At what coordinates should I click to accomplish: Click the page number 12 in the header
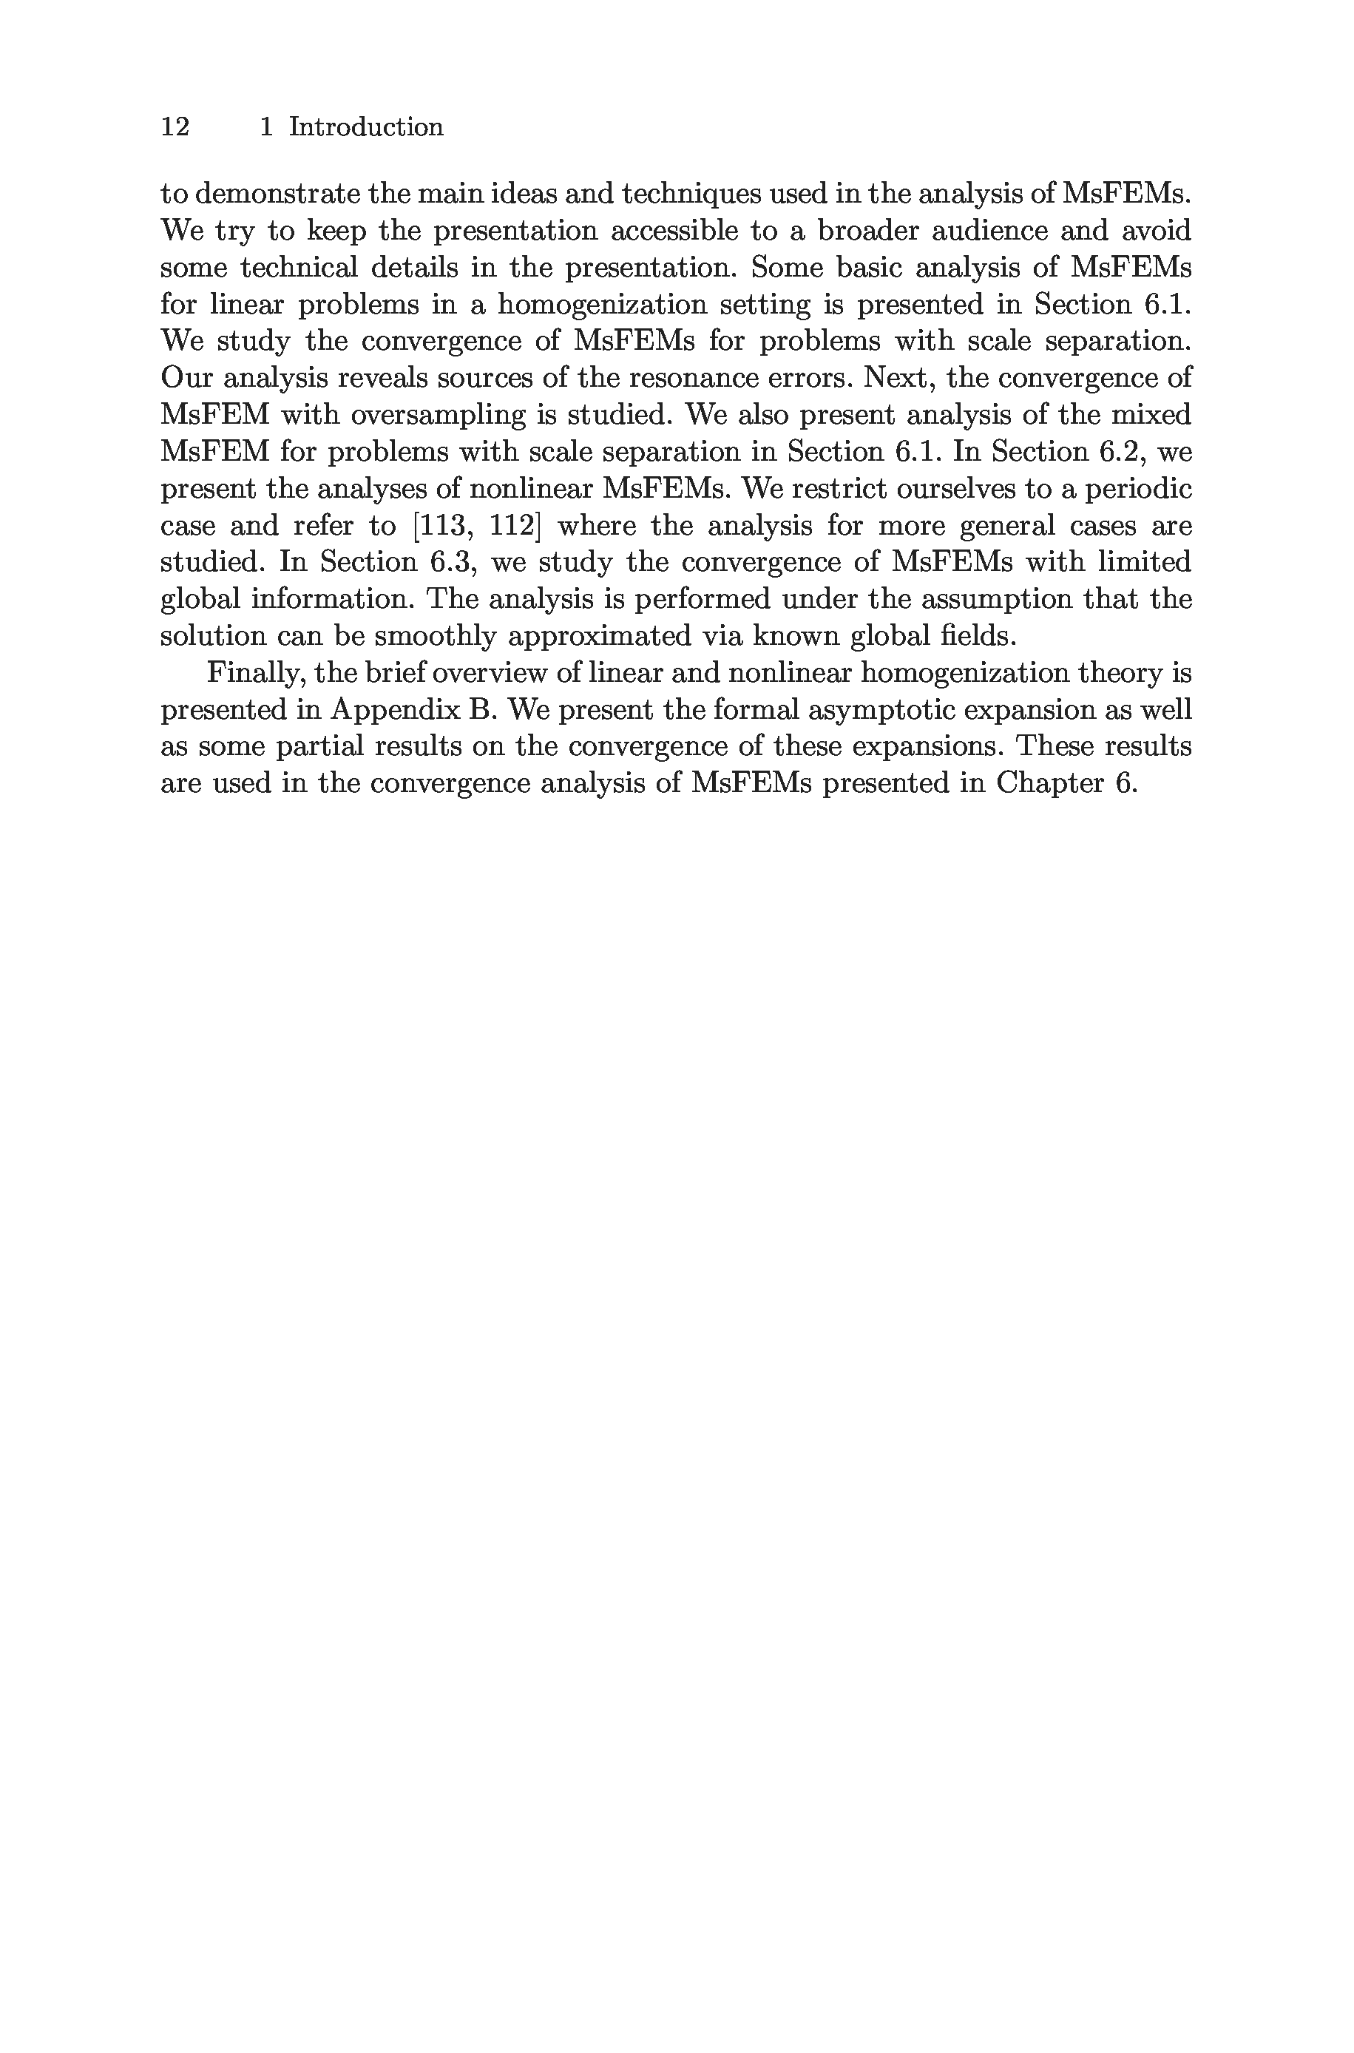coord(175,127)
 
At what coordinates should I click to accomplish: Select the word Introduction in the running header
coord(366,127)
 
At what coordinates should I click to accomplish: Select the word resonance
coord(688,378)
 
